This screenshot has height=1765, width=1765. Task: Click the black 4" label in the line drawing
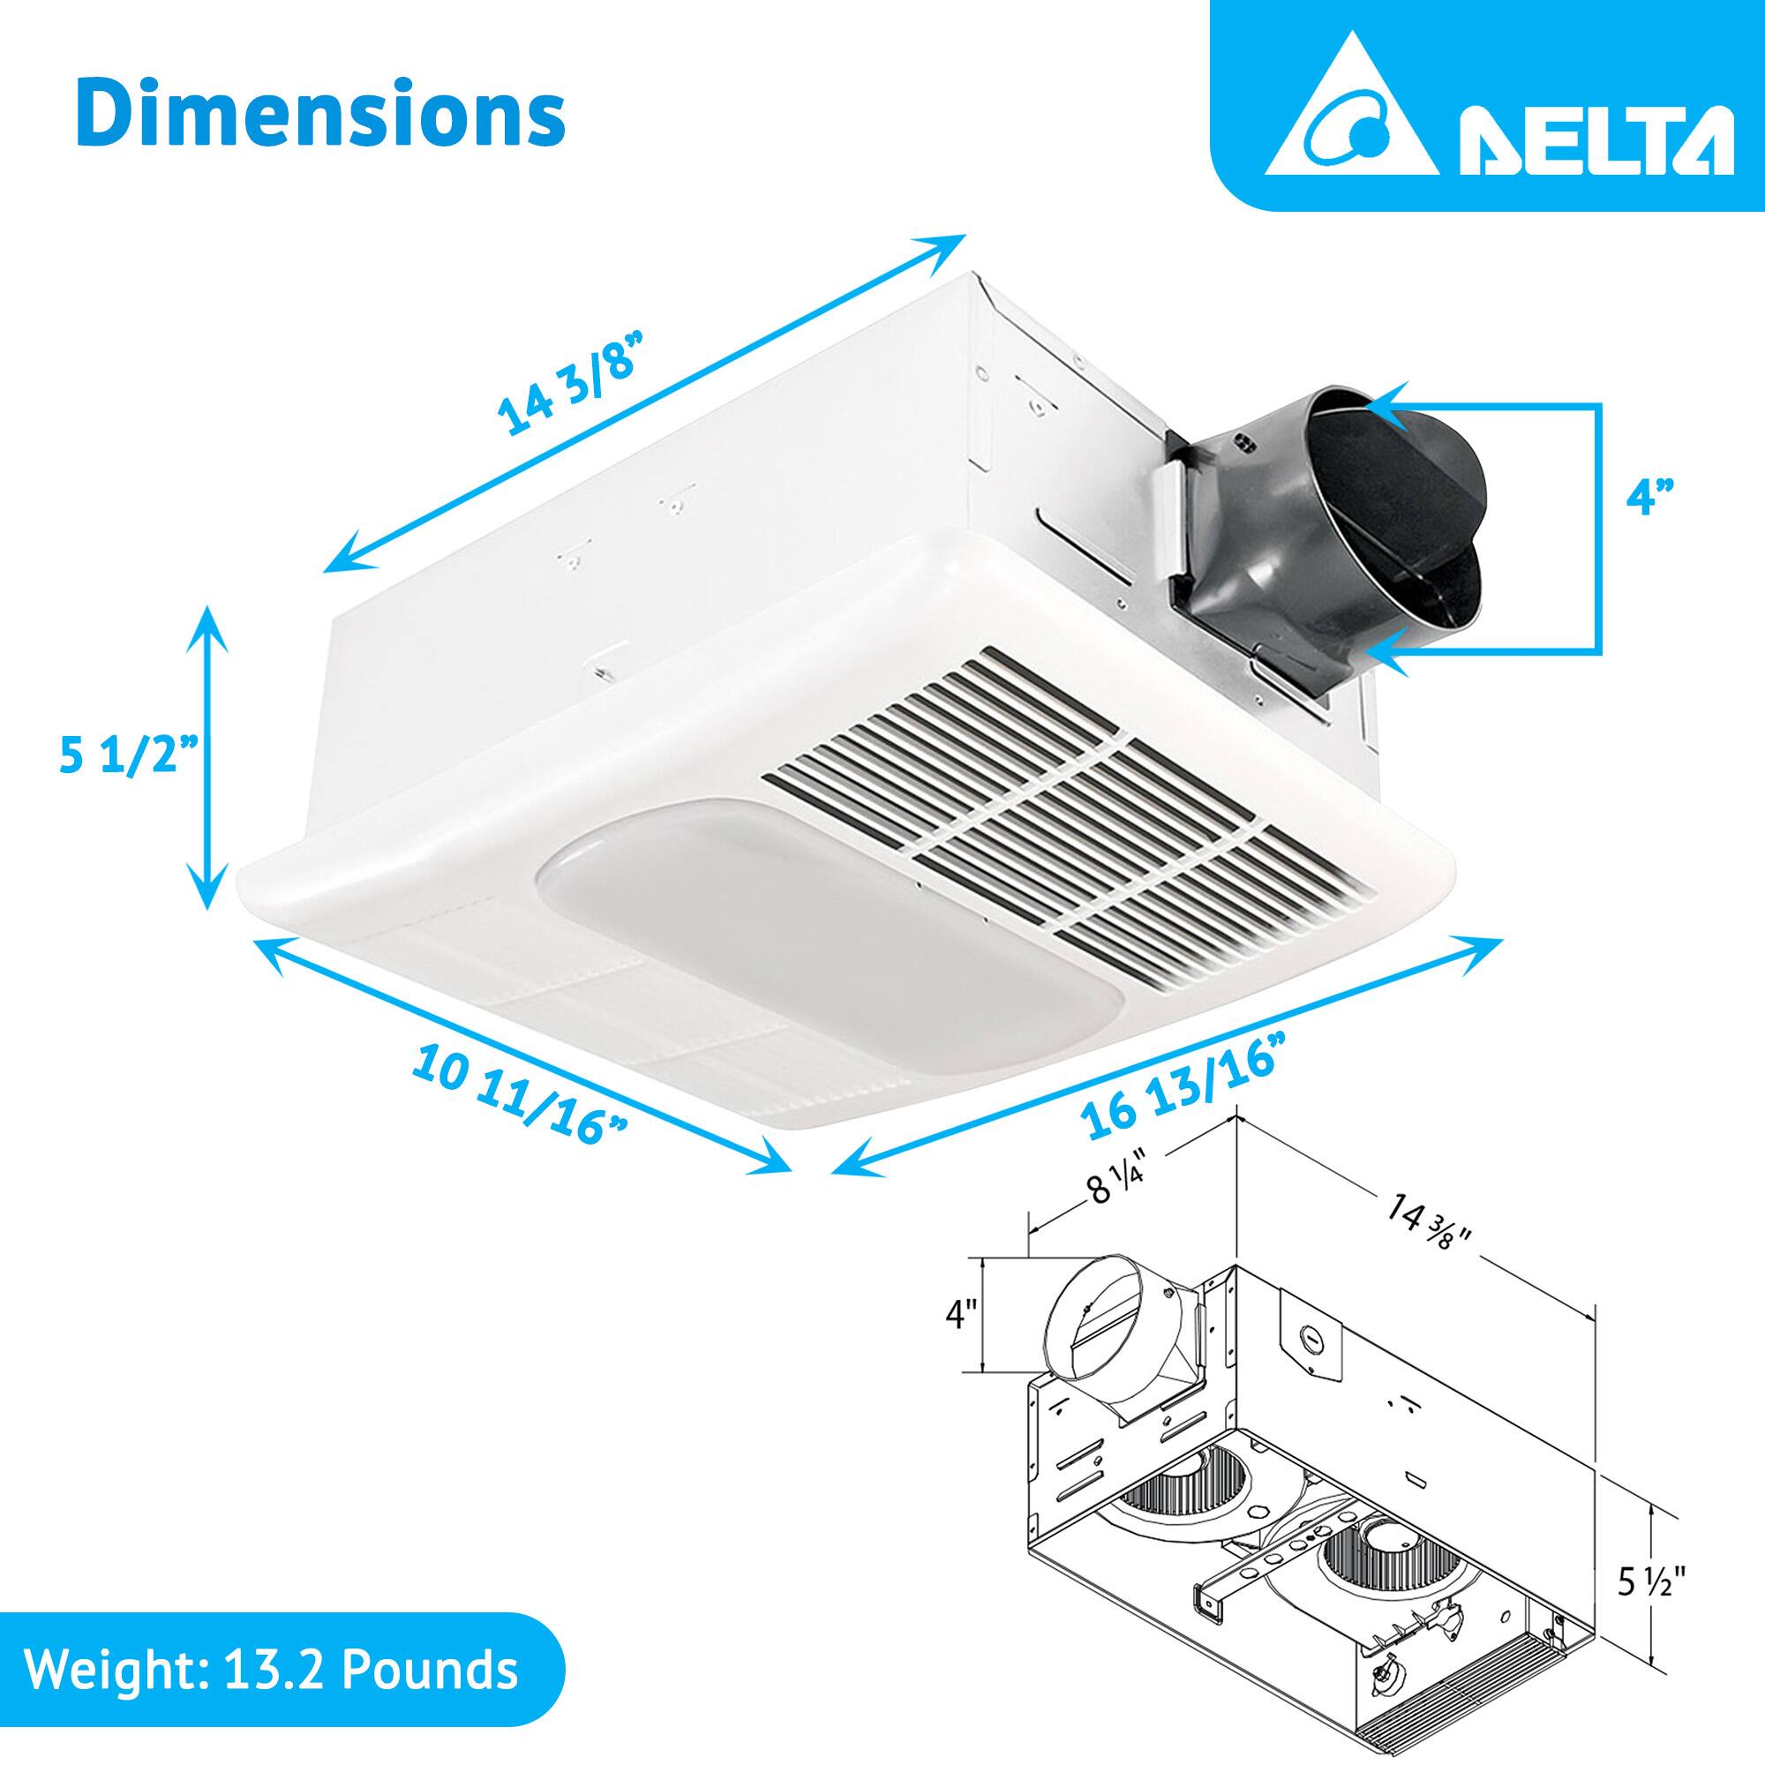961,1317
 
